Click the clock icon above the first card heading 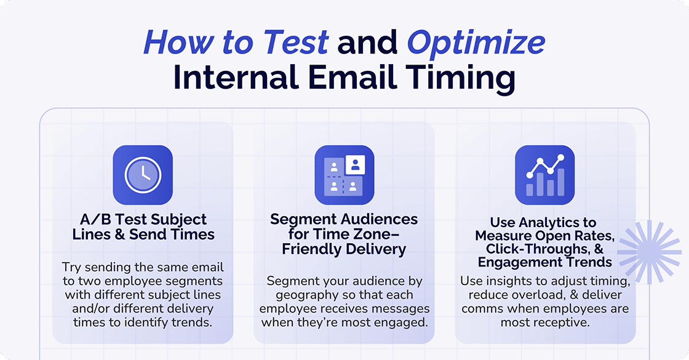pyautogui.click(x=143, y=175)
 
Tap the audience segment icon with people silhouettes pyautogui.click(x=344, y=175)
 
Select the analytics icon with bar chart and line pyautogui.click(x=544, y=175)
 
